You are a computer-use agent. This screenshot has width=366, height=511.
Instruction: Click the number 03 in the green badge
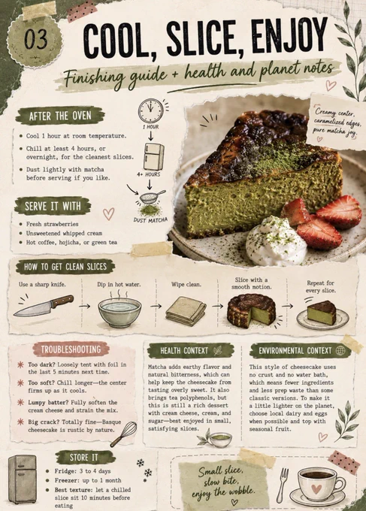coord(36,39)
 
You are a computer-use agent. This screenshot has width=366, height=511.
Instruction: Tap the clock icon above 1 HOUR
coord(150,110)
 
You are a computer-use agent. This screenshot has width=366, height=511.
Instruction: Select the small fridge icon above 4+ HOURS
coord(153,157)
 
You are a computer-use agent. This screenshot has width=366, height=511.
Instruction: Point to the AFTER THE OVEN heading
coord(60,116)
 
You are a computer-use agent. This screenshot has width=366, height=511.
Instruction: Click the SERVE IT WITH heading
coord(53,206)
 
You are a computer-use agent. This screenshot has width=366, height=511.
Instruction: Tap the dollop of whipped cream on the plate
coord(275,241)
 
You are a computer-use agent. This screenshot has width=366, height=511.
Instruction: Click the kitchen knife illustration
coord(44,306)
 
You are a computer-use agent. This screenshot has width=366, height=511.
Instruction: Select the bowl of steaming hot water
coord(119,312)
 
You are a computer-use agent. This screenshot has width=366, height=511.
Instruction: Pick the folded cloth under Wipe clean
coord(186,311)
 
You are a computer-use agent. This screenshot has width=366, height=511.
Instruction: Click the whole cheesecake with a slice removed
coord(251,311)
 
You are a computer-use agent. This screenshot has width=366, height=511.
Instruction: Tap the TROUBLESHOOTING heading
coord(71,349)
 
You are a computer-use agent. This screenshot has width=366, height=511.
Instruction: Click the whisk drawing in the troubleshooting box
coord(123,434)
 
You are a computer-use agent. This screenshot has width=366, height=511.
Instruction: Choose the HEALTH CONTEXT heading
coord(184,351)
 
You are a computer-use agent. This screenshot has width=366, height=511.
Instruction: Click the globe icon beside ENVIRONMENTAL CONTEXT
coord(340,351)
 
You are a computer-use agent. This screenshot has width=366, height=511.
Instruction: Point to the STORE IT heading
coord(83,458)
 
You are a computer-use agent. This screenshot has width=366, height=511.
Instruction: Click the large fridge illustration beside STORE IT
coord(22,479)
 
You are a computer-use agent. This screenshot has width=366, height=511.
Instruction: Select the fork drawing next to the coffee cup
coord(283,485)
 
